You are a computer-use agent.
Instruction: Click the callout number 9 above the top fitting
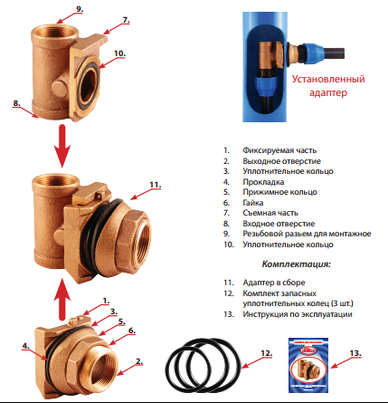click(80, 9)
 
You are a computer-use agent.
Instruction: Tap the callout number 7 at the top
click(126, 20)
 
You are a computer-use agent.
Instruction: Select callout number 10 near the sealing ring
click(119, 53)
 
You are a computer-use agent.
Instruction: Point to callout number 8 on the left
click(16, 103)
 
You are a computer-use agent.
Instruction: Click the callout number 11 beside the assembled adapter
click(156, 185)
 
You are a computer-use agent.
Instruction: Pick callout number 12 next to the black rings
click(267, 353)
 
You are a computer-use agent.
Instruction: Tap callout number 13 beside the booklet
click(355, 353)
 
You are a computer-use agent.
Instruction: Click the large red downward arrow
click(62, 146)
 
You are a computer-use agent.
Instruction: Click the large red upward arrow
click(62, 299)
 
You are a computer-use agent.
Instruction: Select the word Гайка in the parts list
click(253, 203)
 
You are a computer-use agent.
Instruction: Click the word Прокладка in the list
click(263, 182)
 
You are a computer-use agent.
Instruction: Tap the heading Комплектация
click(297, 264)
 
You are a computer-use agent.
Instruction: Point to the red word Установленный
click(328, 79)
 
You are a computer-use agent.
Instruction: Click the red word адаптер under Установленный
click(328, 92)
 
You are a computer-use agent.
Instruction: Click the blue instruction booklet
click(308, 365)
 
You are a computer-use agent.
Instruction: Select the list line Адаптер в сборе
click(274, 283)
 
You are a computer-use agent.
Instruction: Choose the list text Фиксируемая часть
click(279, 150)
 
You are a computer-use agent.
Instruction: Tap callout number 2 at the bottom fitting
click(139, 361)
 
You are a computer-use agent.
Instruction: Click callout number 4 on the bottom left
click(25, 346)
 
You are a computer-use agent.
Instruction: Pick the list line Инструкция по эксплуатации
click(298, 314)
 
